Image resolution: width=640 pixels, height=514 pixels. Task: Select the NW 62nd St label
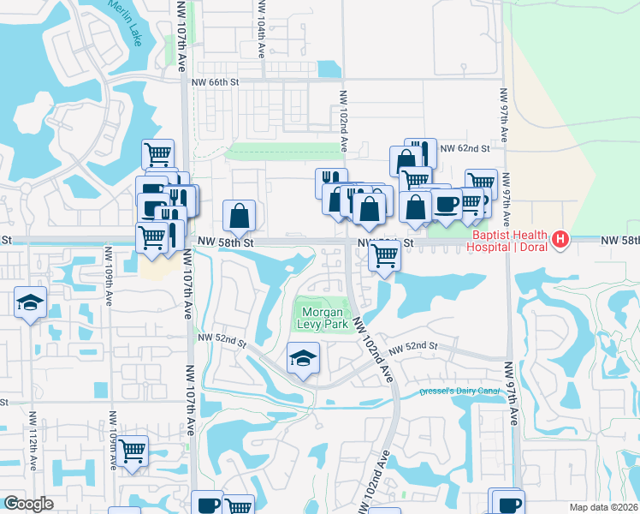click(x=464, y=148)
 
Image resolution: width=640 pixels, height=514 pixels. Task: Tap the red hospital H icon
click(x=560, y=238)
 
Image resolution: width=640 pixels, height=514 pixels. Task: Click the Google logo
click(x=28, y=504)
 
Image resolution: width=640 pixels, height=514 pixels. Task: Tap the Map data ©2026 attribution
click(x=604, y=507)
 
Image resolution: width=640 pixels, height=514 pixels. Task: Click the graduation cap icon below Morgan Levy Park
click(x=302, y=357)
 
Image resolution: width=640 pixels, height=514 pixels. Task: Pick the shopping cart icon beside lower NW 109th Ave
click(x=132, y=450)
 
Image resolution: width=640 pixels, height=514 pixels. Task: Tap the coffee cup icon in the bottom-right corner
click(x=507, y=504)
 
